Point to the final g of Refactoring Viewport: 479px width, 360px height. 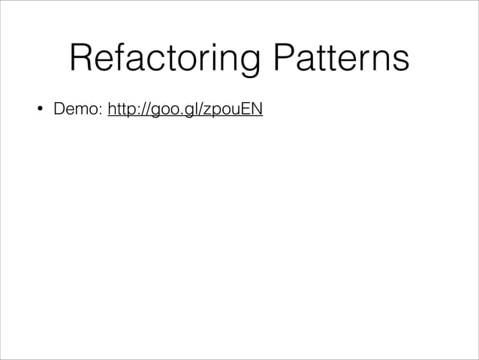click(x=249, y=65)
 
